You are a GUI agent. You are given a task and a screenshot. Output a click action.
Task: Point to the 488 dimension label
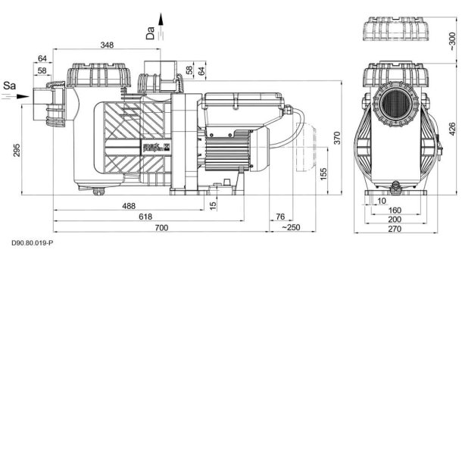(129, 207)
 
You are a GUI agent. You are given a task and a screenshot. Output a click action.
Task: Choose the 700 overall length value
(162, 228)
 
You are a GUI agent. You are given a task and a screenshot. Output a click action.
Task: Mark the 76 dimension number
(280, 217)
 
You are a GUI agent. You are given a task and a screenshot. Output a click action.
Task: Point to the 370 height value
(338, 139)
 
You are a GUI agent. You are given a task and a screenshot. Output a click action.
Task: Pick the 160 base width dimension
(395, 211)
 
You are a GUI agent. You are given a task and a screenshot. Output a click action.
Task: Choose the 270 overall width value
(395, 229)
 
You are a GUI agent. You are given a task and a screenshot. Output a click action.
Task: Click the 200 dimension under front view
(395, 220)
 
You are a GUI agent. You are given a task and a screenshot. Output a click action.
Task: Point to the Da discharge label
(150, 31)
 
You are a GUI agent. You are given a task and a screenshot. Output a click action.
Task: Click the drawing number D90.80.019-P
(33, 244)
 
